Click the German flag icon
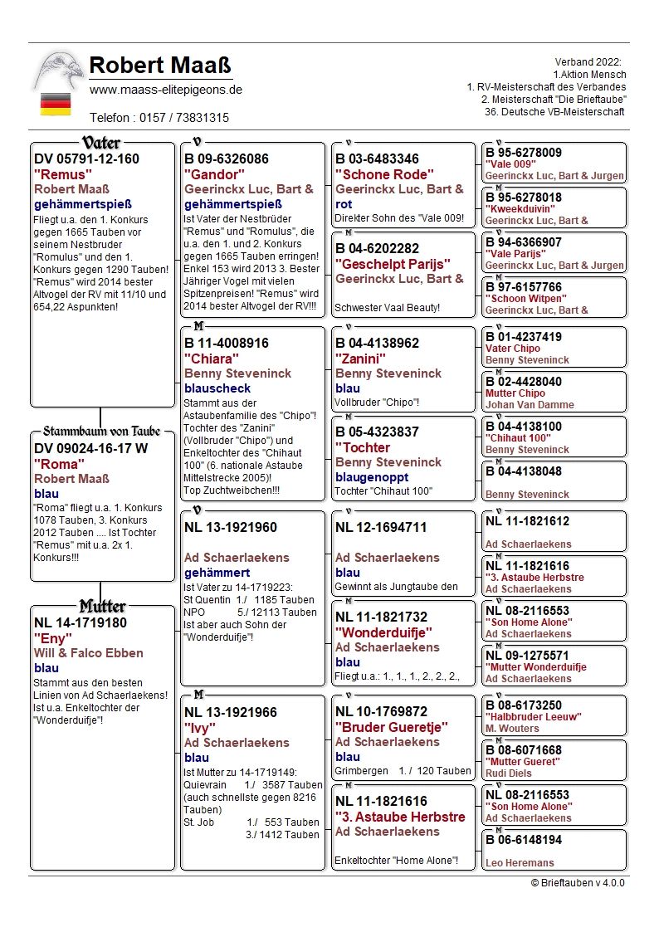point(56,105)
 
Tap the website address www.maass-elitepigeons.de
point(165,90)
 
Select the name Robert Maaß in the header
point(160,65)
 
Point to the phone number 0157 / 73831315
point(159,118)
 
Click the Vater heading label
point(101,143)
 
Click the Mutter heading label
point(102,606)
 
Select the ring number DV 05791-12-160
point(86,159)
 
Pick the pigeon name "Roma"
point(59,464)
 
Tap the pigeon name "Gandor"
point(214,174)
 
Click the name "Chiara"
point(212,359)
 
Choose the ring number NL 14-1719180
point(80,622)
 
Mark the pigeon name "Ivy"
point(199,728)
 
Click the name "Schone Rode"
point(384,174)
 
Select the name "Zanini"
point(361,359)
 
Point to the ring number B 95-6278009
point(523,153)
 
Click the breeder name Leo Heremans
point(520,863)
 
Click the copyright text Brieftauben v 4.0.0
point(578,883)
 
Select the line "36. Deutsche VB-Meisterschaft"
point(555,112)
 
